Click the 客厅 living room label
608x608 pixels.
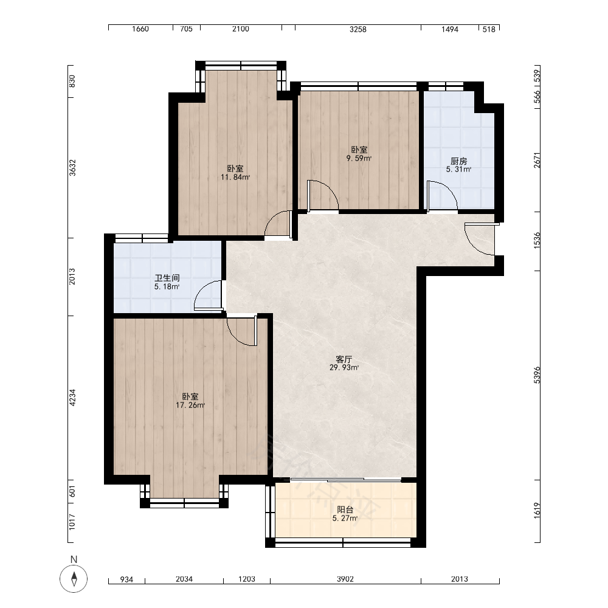coord(344,359)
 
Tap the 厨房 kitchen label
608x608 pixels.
coord(458,161)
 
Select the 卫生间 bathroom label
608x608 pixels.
coord(167,278)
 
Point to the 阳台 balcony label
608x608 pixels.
coord(345,510)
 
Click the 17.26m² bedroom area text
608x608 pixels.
coord(190,405)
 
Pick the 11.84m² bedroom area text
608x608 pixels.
coord(235,177)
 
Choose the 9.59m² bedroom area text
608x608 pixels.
coord(359,158)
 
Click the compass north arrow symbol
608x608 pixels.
coord(74,579)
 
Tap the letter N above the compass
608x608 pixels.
coord(74,559)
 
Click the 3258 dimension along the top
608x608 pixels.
coord(358,29)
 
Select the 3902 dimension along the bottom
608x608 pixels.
coord(345,579)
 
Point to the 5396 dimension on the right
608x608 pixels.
coord(537,375)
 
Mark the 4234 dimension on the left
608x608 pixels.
coord(72,398)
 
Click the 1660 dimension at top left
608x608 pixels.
coord(140,29)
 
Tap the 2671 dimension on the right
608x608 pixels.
coord(537,160)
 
